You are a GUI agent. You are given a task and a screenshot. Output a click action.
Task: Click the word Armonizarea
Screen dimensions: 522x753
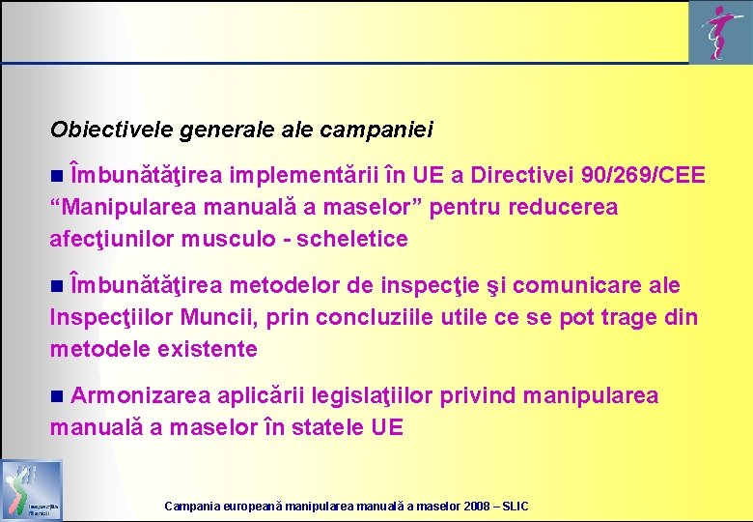[x=141, y=395]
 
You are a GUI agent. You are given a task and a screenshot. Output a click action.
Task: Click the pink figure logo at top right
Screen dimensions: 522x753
[x=715, y=32]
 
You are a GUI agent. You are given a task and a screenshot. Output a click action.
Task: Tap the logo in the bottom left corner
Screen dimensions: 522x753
[x=32, y=491]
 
